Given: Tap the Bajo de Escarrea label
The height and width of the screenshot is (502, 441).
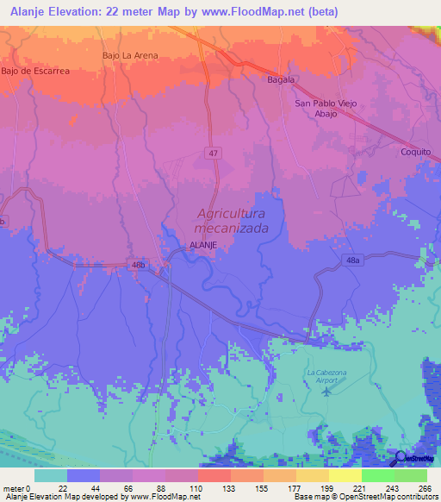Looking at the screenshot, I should coord(35,72).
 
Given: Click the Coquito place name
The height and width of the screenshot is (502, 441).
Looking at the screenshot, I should coord(415,151).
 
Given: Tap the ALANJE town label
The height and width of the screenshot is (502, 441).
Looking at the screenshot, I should coord(202,246).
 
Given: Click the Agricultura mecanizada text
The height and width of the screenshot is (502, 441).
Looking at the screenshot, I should coord(231,221).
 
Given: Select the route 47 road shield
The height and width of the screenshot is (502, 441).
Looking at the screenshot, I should coord(213,153).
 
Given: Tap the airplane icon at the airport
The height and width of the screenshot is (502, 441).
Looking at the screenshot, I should coord(326,392).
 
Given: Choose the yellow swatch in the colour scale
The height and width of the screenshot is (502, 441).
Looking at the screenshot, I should coord(312,475).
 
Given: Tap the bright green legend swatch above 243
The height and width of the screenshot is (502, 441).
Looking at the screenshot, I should coord(377,475).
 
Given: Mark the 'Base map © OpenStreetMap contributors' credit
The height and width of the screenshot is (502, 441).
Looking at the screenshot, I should coord(364,497).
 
